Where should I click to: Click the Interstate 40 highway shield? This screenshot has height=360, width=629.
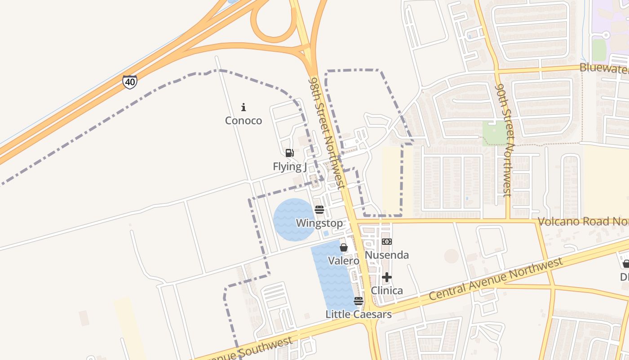(x=129, y=82)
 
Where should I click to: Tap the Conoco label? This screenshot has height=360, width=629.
(x=244, y=121)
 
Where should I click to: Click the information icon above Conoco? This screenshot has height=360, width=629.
(x=244, y=107)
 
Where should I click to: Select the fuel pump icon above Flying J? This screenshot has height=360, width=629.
(x=290, y=153)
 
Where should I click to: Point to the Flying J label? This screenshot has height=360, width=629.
(x=290, y=166)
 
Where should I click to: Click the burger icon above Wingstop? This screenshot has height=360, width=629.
(x=319, y=209)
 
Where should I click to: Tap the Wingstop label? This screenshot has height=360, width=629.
(x=319, y=223)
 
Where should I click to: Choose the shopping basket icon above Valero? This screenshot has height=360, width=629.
(x=344, y=247)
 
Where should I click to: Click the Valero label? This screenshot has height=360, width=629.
(x=344, y=261)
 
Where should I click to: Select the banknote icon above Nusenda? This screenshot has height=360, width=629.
(x=387, y=242)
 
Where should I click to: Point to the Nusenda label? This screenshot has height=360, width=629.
(x=387, y=255)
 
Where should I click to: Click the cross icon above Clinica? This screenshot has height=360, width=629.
(x=387, y=277)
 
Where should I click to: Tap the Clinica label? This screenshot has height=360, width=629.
(x=387, y=291)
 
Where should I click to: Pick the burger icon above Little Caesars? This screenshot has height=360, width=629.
(x=359, y=301)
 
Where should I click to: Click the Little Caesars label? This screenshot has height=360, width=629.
(x=359, y=314)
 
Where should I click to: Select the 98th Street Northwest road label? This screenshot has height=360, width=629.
(x=327, y=133)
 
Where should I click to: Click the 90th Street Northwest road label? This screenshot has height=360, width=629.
(x=504, y=139)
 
